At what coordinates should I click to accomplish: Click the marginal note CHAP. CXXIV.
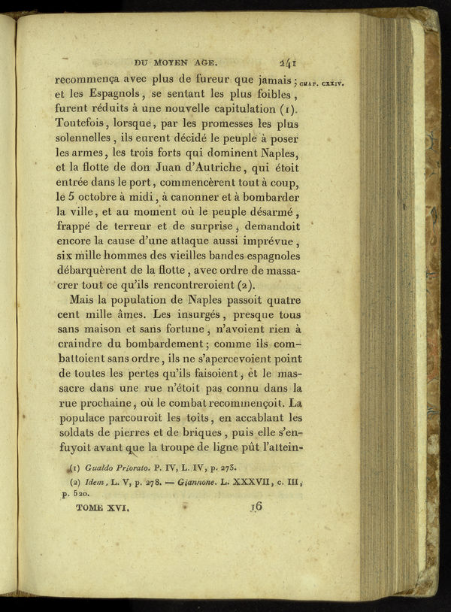(321, 84)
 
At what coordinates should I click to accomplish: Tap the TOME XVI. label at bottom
(103, 509)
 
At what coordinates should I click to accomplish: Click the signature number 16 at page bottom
(256, 507)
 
